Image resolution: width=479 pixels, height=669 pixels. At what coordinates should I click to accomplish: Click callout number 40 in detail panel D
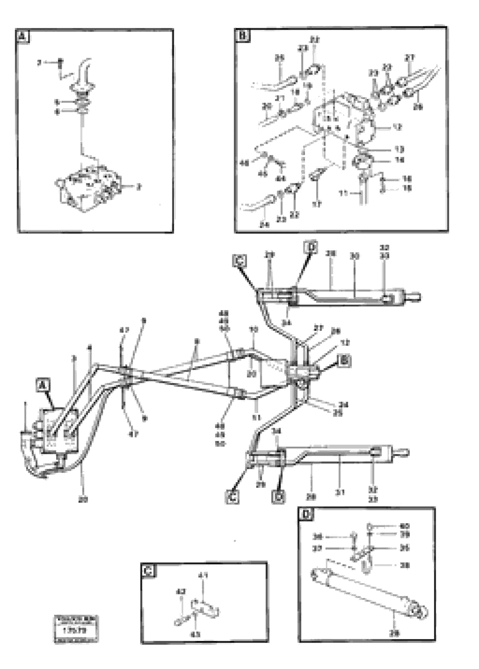click(x=404, y=526)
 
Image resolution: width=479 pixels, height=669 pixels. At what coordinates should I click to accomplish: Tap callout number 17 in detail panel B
click(x=317, y=204)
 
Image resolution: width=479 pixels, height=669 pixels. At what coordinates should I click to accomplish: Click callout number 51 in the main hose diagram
click(x=257, y=409)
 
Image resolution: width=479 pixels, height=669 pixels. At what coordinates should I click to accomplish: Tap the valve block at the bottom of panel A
click(x=88, y=189)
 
